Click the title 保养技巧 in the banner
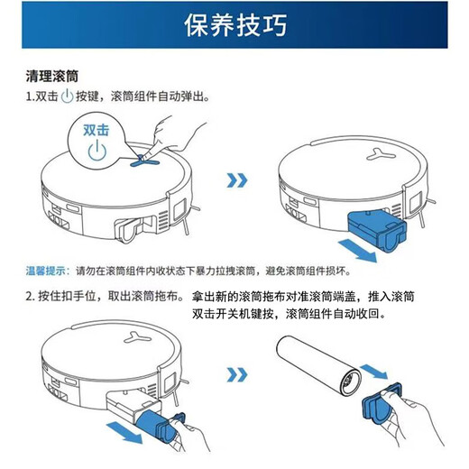point(234,25)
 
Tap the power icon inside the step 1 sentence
point(67,97)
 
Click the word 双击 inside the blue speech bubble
point(97,130)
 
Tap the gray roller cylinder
point(319,369)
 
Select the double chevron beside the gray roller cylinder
point(236,372)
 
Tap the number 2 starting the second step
point(29,297)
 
